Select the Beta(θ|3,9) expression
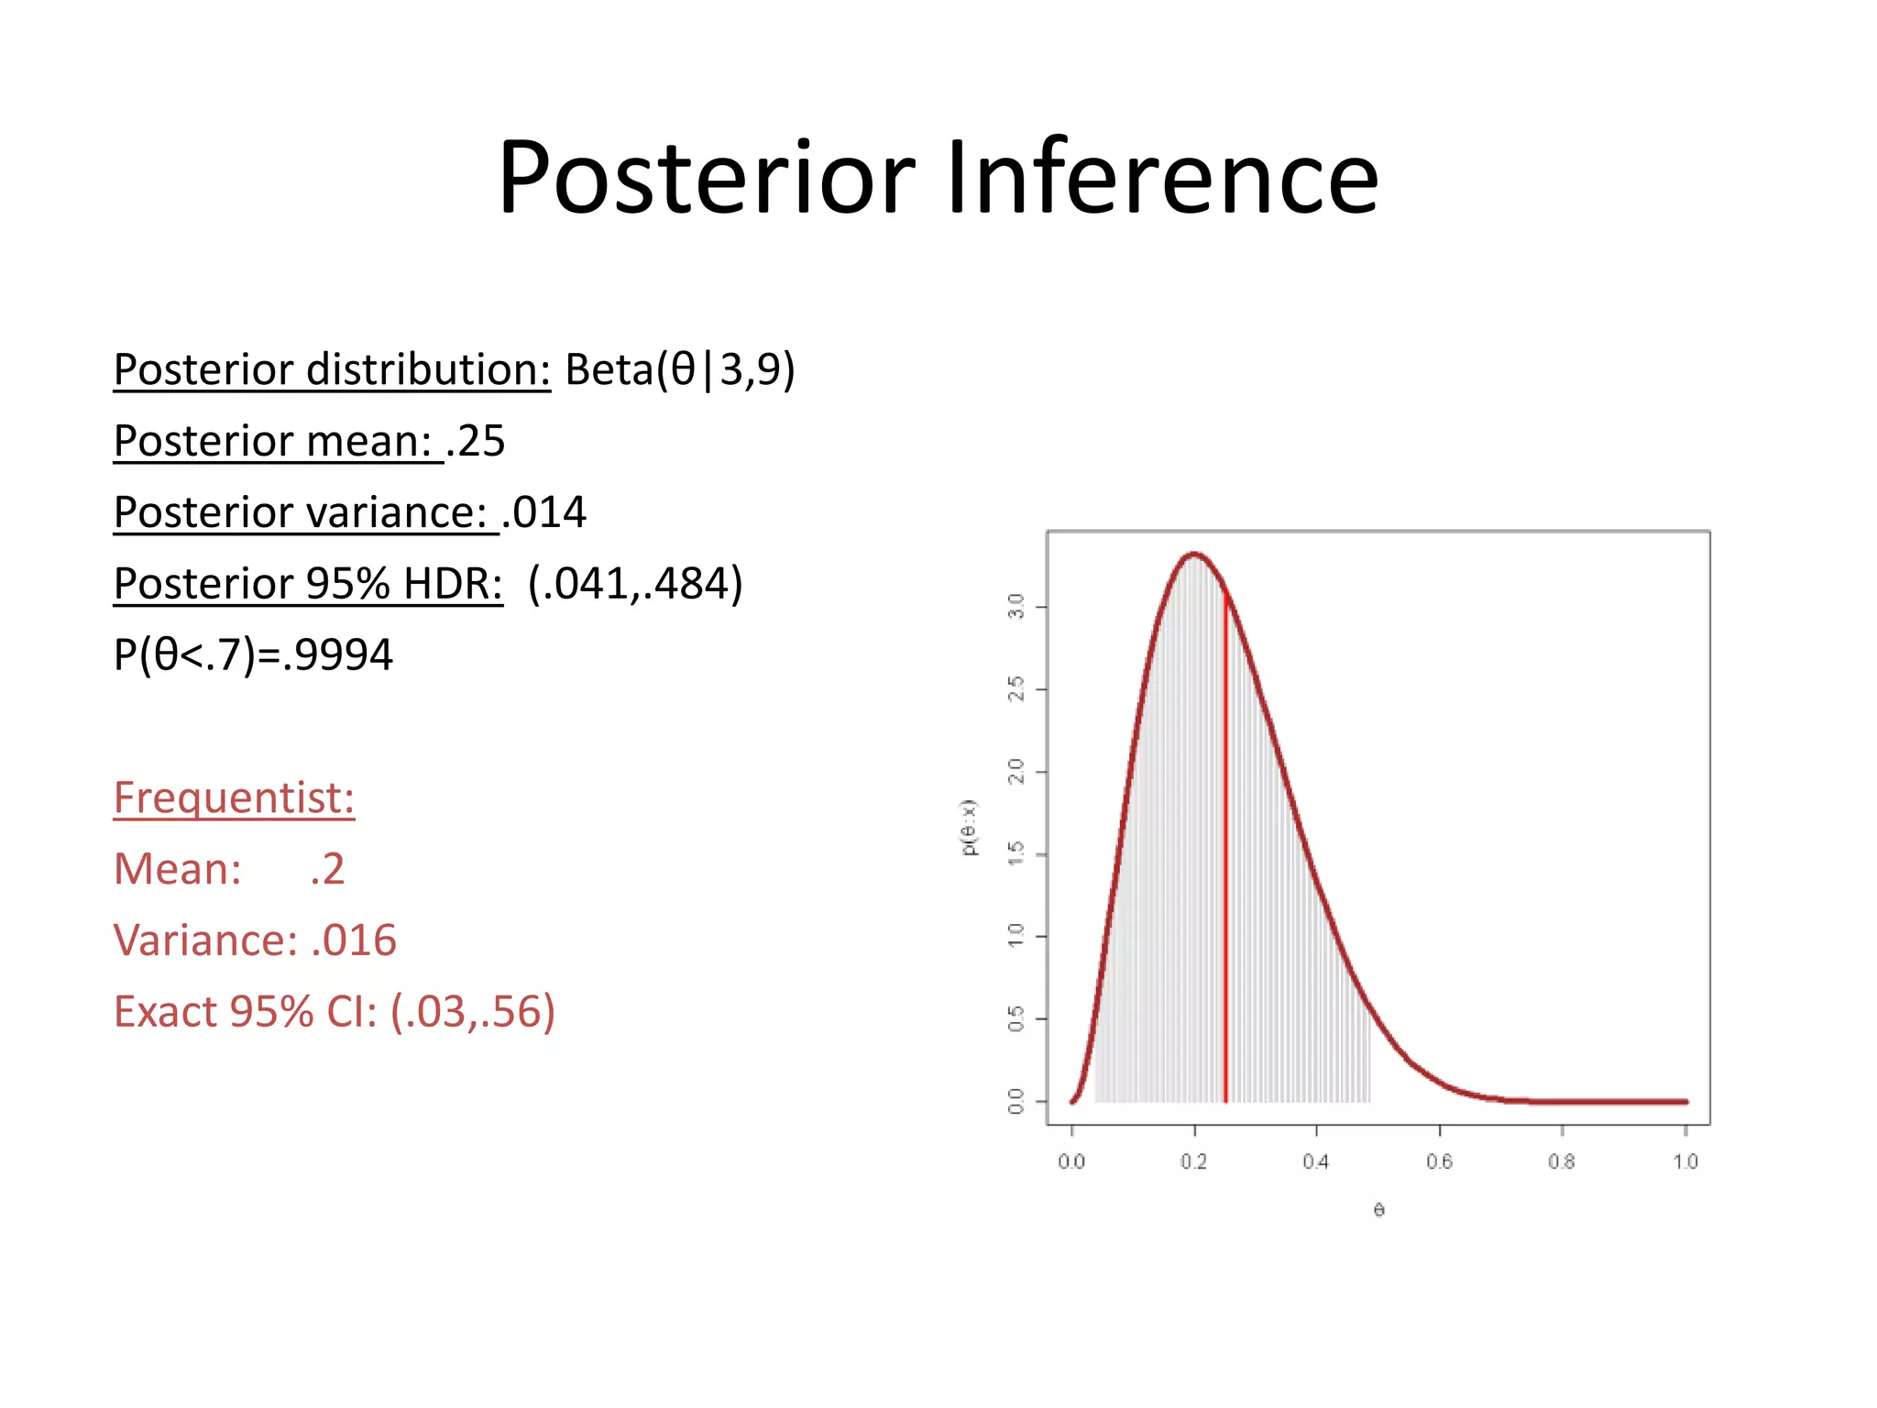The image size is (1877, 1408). coord(679,369)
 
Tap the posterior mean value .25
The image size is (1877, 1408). coord(476,441)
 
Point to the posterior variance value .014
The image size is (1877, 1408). coord(544,512)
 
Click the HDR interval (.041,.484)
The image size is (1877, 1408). coord(635,584)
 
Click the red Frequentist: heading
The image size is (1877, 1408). coord(234,797)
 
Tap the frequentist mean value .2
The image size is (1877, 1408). coord(327,869)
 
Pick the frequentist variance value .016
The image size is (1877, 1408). coord(354,940)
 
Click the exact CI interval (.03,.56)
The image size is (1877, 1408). coord(473,1012)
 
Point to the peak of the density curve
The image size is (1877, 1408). coord(1193,554)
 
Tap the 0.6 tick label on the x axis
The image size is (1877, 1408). coord(1439,1162)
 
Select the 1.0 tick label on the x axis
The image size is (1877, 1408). coord(1685,1162)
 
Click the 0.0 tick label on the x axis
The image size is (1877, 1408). coord(1070,1162)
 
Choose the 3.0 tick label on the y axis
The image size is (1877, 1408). coord(1015,607)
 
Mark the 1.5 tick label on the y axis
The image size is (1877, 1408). coord(1015,854)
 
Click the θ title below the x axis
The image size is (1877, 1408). coord(1378,1211)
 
